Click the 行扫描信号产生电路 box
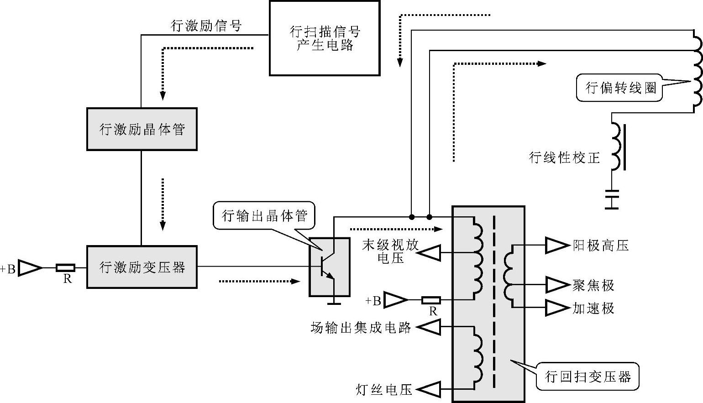pyautogui.click(x=325, y=38)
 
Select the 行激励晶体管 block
pyautogui.click(x=142, y=129)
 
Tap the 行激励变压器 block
pyautogui.click(x=142, y=267)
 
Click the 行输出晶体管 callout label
pyautogui.click(x=264, y=215)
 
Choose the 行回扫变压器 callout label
pyautogui.click(x=588, y=377)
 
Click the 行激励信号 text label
pyautogui.click(x=206, y=26)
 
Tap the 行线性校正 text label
pyautogui.click(x=564, y=158)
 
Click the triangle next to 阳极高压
pyautogui.click(x=557, y=246)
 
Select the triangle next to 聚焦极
pyautogui.click(x=557, y=285)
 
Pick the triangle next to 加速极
pyautogui.click(x=557, y=308)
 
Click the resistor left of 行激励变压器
pyautogui.click(x=66, y=268)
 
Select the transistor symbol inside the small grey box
pyautogui.click(x=329, y=267)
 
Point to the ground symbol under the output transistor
pyautogui.click(x=334, y=301)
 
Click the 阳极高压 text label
pyautogui.click(x=601, y=246)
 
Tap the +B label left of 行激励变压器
pyautogui.click(x=8, y=269)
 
